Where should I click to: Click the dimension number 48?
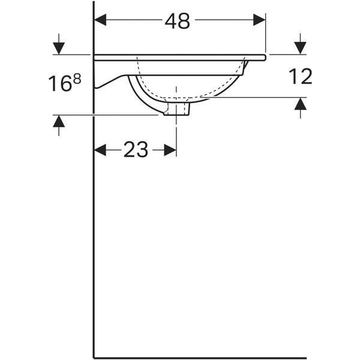pyautogui.click(x=178, y=20)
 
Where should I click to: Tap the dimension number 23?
pyautogui.click(x=136, y=150)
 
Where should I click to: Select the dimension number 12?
pyautogui.click(x=301, y=76)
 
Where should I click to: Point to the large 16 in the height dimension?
pyautogui.click(x=60, y=84)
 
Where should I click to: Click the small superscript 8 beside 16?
pyautogui.click(x=77, y=79)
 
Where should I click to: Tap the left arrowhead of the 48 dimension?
pyautogui.click(x=101, y=20)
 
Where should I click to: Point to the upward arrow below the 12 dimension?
pyautogui.click(x=301, y=104)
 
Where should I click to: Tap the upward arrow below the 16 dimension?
pyautogui.click(x=59, y=122)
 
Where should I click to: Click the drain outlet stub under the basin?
pyautogui.click(x=178, y=109)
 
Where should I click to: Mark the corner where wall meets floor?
pyautogui.click(x=94, y=358)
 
